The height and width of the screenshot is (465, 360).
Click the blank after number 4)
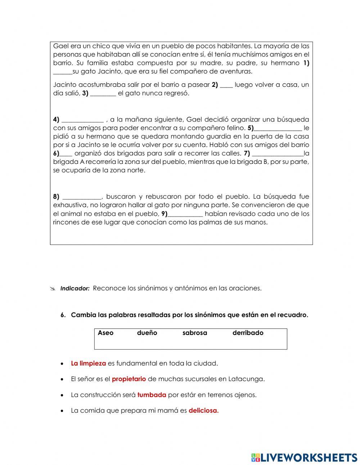[83, 120]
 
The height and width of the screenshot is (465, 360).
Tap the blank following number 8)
[82, 197]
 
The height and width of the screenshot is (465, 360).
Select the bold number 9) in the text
[164, 214]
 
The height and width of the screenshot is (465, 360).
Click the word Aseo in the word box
[105, 333]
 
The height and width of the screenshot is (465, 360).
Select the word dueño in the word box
[147, 333]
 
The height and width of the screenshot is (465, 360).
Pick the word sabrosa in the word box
[195, 333]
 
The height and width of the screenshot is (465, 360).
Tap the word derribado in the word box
[248, 333]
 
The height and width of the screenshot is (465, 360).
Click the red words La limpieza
[89, 363]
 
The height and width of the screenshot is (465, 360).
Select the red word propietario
[129, 379]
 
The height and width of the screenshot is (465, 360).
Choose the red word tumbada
[152, 395]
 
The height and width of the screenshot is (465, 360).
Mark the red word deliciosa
[203, 411]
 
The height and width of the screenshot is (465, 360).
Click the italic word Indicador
[75, 289]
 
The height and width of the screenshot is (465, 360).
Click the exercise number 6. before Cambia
[63, 315]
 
